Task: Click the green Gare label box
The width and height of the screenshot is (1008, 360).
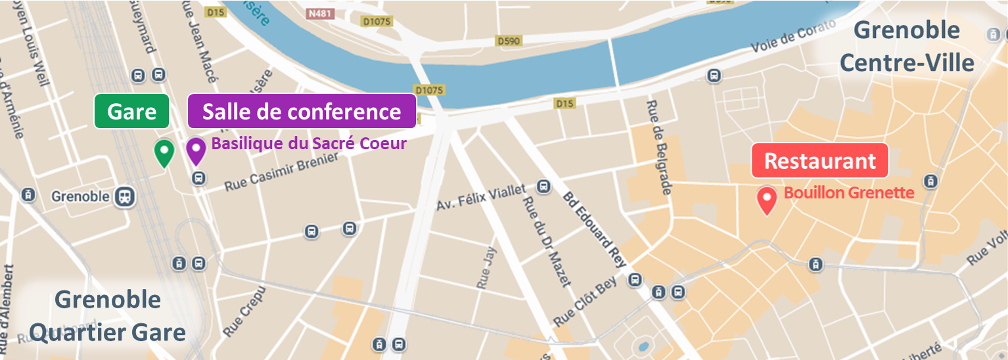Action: [132, 111]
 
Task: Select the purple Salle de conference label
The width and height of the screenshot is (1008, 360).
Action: [302, 111]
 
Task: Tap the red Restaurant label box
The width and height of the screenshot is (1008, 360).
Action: [819, 161]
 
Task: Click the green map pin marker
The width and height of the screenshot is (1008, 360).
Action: [164, 152]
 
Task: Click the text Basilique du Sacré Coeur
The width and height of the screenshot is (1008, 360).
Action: [308, 143]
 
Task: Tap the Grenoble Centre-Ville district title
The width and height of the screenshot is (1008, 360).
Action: [906, 47]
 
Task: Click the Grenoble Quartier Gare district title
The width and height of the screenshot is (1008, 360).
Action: [108, 316]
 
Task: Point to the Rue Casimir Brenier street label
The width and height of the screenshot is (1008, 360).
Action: [281, 173]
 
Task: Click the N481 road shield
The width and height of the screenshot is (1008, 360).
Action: [319, 12]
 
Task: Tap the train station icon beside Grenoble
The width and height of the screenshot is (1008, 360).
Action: [124, 196]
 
